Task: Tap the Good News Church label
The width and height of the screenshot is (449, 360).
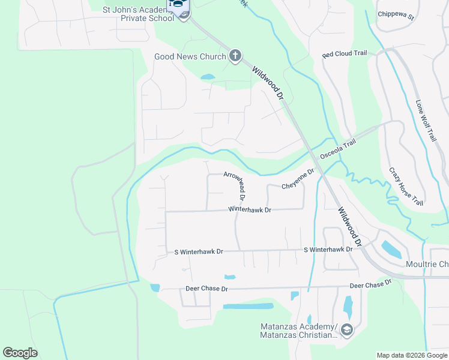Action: pyautogui.click(x=190, y=57)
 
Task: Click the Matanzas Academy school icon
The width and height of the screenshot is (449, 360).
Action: pyautogui.click(x=346, y=329)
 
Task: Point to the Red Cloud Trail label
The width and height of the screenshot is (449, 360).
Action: pyautogui.click(x=344, y=54)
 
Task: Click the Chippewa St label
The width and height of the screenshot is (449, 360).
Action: pyautogui.click(x=396, y=15)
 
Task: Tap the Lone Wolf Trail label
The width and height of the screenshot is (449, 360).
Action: pyautogui.click(x=427, y=120)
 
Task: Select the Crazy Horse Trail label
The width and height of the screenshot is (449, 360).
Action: pyautogui.click(x=406, y=187)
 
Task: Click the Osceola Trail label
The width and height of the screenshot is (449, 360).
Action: pyautogui.click(x=338, y=149)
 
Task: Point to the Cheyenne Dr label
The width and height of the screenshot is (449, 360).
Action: pyautogui.click(x=298, y=179)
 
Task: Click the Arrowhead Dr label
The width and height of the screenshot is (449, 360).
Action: pyautogui.click(x=235, y=185)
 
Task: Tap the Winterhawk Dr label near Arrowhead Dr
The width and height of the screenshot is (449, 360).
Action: pyautogui.click(x=250, y=210)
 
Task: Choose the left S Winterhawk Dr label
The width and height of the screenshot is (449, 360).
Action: pyautogui.click(x=198, y=252)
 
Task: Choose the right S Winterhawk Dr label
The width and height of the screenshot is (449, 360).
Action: pyautogui.click(x=328, y=249)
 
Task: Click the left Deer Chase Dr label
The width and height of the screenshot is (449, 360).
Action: pyautogui.click(x=207, y=289)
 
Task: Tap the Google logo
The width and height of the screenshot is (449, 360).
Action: pyautogui.click(x=20, y=353)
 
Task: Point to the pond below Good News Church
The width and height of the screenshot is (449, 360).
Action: pyautogui.click(x=208, y=77)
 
